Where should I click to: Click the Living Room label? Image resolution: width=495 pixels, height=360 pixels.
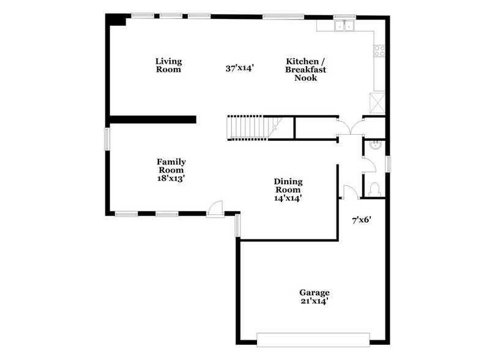click(x=168, y=65)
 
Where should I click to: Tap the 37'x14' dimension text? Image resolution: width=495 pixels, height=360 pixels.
click(x=240, y=69)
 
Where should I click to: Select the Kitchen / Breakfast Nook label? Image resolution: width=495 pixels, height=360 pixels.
click(x=305, y=69)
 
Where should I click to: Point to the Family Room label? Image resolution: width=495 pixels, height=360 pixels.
click(x=171, y=166)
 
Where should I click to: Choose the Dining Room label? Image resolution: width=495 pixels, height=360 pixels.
click(x=288, y=186)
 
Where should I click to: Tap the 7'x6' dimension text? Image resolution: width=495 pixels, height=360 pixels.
click(x=361, y=219)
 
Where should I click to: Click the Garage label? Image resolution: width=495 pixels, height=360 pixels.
click(x=314, y=293)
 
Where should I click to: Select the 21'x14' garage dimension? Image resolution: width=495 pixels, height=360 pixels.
click(x=314, y=302)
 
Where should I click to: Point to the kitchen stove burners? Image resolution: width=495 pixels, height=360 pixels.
click(x=379, y=51)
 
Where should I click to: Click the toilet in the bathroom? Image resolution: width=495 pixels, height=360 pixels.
click(x=375, y=187)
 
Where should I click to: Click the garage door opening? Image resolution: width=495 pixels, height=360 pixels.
click(x=313, y=339)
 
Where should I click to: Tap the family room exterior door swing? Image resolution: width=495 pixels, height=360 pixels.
click(x=215, y=209)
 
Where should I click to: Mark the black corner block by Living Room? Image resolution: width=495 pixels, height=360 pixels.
click(x=116, y=20)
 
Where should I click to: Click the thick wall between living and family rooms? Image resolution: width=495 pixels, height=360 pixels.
click(x=152, y=119)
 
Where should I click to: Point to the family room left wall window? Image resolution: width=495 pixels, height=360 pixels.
click(x=107, y=138)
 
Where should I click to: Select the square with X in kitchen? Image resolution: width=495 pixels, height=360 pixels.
click(x=378, y=102)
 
